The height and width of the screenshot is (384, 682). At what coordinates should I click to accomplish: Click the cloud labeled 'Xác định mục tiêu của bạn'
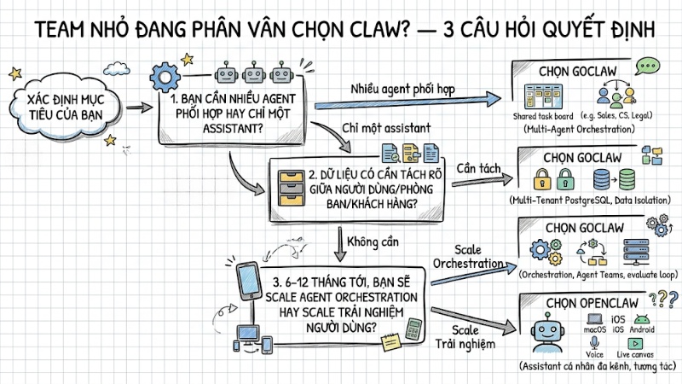coord(52,108)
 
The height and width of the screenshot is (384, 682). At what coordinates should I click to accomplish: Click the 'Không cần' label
coord(379,241)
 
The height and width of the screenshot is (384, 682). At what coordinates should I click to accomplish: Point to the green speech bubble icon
coord(650,66)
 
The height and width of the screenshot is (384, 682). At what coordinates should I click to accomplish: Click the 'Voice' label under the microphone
coord(595,352)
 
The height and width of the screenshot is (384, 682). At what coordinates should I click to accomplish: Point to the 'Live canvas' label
coord(636,352)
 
